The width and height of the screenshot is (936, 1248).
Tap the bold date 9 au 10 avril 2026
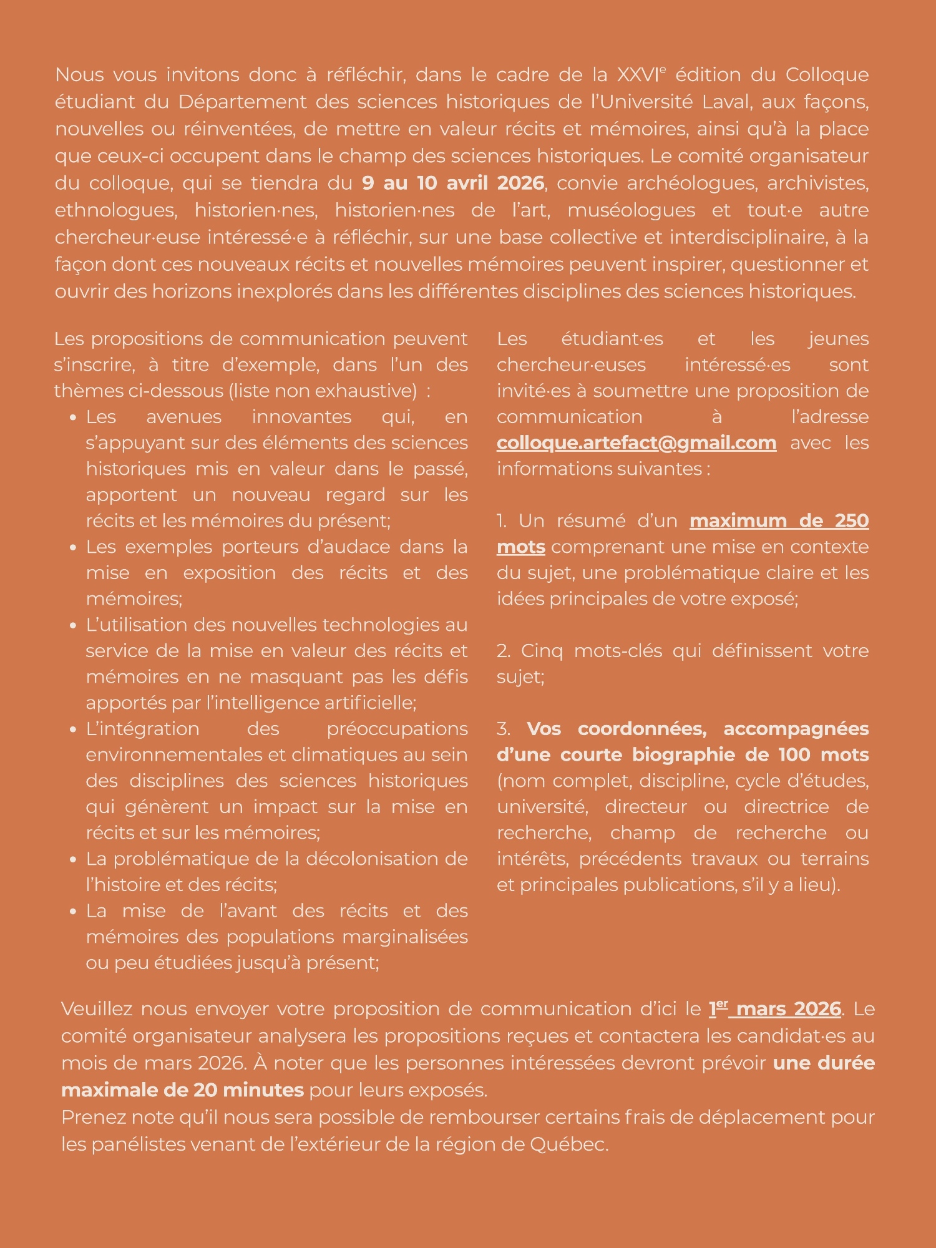(453, 183)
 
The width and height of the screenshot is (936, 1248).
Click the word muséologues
(631, 210)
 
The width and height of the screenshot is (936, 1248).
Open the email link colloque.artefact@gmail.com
(636, 443)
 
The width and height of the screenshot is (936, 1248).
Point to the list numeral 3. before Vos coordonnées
(503, 729)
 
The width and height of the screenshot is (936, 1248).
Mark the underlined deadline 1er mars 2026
(775, 1009)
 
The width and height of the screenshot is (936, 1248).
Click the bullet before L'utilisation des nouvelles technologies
(74, 625)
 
